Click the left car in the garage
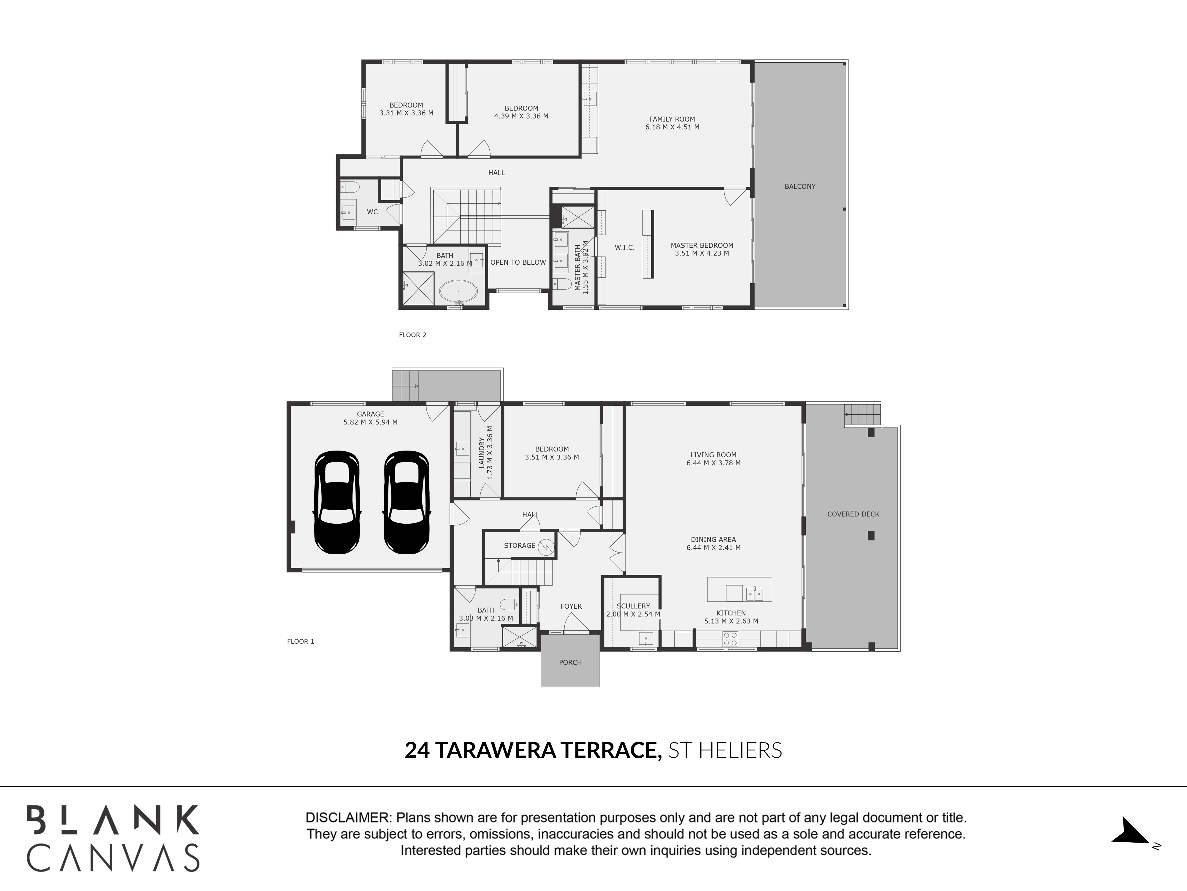click(337, 502)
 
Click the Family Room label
click(672, 119)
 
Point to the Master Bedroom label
click(702, 245)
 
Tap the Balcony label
click(799, 186)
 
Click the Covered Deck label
click(853, 514)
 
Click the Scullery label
click(633, 606)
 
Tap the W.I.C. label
click(625, 248)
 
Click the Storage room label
click(519, 545)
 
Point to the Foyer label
click(571, 606)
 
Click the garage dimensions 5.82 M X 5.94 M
click(370, 422)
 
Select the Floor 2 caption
click(413, 335)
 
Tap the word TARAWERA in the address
click(495, 750)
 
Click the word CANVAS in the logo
click(113, 858)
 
